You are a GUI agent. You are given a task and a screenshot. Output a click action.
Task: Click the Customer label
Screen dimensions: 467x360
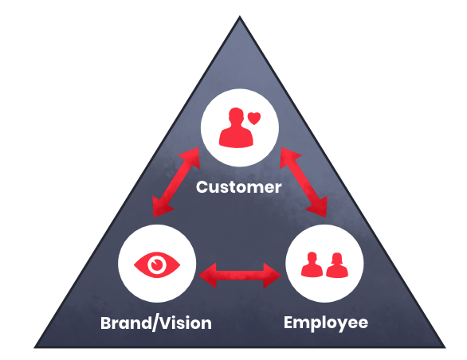pos(239,187)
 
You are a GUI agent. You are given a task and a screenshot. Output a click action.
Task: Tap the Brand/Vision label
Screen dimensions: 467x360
pos(156,323)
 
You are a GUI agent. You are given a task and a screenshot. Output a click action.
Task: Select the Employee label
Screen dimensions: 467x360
pos(326,323)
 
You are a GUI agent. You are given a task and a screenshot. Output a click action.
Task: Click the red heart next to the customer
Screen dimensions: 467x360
pos(254,118)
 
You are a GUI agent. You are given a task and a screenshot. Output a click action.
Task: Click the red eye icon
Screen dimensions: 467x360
pos(157,264)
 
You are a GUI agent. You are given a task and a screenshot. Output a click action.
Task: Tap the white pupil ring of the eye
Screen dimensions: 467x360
pos(157,264)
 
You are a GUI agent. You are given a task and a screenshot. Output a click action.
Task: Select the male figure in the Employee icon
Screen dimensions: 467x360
pos(312,264)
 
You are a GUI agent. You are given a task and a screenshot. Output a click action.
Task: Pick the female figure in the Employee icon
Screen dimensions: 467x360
pos(337,265)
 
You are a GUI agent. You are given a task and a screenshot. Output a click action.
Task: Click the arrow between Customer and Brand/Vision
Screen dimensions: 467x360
pos(175,182)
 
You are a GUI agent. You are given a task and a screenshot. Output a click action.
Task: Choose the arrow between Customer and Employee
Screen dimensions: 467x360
pos(304,182)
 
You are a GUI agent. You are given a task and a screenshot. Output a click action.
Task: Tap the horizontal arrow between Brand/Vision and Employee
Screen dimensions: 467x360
pos(240,276)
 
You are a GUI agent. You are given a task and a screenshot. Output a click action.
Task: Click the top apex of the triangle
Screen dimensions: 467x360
pos(239,17)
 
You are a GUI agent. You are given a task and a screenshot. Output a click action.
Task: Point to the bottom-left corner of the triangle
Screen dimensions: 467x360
pos(34,347)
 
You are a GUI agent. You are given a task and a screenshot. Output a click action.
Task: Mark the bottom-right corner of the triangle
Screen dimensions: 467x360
pos(445,347)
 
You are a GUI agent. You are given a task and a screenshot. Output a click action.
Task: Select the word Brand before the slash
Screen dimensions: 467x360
pos(126,323)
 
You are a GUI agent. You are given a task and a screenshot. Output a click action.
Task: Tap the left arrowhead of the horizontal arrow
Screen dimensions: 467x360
pos(207,276)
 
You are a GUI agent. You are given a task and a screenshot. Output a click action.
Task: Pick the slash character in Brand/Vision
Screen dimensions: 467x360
pos(155,323)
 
